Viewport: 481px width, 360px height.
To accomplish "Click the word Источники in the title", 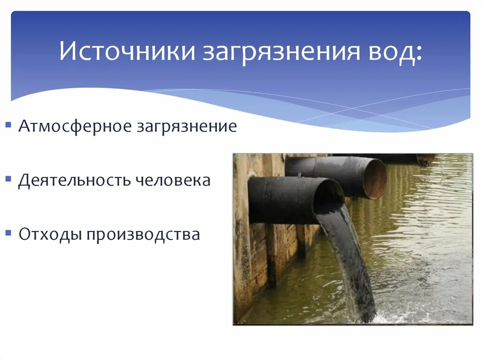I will (127, 52).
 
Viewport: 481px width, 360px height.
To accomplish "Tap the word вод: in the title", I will (393, 52).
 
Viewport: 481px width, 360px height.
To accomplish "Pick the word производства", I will (143, 234).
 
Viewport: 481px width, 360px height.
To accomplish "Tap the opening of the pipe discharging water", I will (328, 198).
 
